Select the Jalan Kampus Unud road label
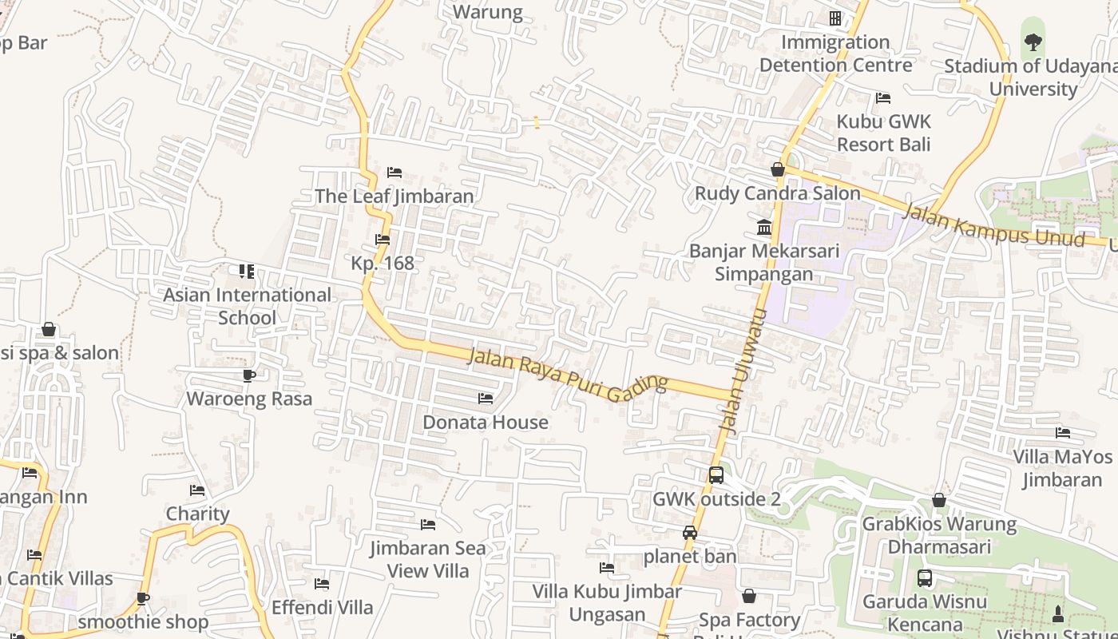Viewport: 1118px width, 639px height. (993, 226)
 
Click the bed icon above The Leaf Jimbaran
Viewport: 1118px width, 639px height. (394, 173)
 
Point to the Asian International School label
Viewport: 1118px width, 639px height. (247, 306)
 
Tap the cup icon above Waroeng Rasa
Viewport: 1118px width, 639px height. (248, 375)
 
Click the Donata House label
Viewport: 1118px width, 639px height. (486, 422)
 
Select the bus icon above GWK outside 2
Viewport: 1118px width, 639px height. (716, 475)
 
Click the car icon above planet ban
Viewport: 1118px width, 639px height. (690, 533)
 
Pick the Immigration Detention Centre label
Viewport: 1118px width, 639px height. (835, 54)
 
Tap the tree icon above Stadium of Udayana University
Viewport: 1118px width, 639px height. (1033, 42)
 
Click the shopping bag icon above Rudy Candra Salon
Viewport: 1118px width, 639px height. (777, 169)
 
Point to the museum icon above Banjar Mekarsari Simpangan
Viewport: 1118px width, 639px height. (764, 228)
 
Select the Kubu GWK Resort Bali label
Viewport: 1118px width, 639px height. (883, 133)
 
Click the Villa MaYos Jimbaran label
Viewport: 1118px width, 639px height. (1062, 468)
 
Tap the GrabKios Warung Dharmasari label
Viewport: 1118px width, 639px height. (939, 535)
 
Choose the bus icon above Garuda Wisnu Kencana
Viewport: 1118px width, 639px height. (925, 578)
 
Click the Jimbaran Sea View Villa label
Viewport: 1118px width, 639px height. (428, 559)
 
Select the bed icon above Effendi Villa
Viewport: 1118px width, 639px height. (322, 584)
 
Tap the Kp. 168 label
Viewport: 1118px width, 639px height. (383, 263)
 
